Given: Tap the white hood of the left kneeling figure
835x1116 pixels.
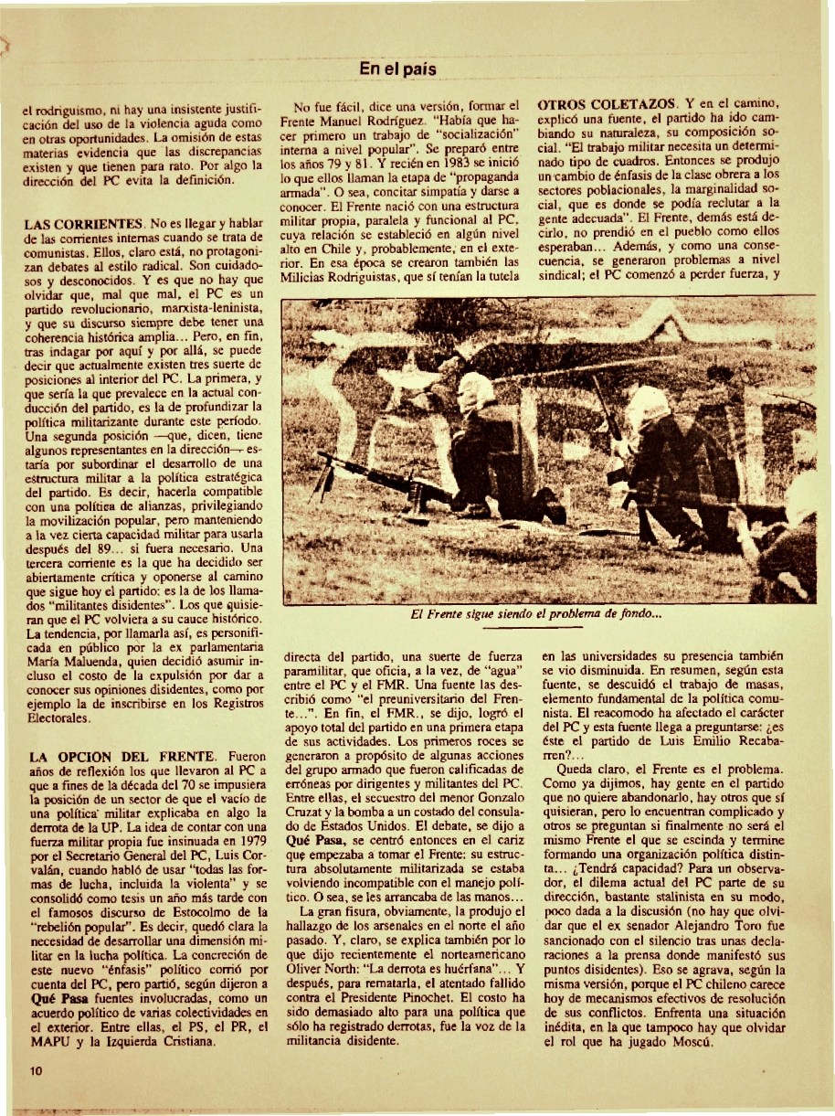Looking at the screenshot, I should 476,394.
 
